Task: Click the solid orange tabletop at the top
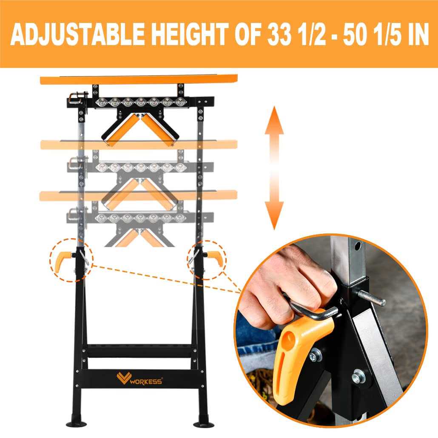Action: (x=138, y=80)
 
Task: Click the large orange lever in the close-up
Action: (x=298, y=349)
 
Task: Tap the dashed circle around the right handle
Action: (x=207, y=260)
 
